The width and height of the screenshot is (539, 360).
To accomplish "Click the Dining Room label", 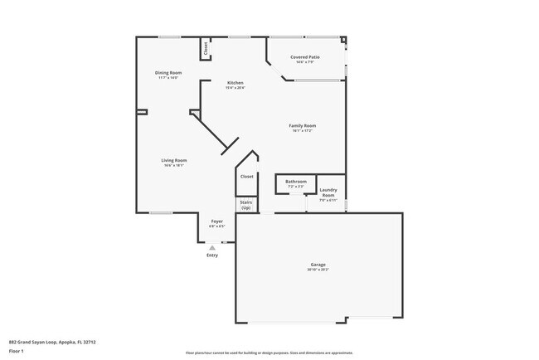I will [168, 73].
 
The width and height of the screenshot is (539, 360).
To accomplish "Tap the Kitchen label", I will [236, 83].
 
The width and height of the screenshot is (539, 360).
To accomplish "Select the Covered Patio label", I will [305, 56].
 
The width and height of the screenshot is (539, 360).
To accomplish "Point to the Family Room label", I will [302, 125].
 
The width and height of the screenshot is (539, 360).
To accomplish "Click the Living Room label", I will [173, 160].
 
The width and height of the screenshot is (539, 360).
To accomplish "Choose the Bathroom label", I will [296, 182].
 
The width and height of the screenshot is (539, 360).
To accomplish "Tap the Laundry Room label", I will [328, 192].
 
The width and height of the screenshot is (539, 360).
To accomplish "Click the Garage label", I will [318, 265].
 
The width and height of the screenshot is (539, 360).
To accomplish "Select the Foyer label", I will [216, 221].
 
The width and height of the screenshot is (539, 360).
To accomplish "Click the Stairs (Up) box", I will [246, 204].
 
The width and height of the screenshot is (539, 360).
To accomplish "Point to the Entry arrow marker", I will [212, 247].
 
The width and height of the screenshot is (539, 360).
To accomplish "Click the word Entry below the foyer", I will [212, 255].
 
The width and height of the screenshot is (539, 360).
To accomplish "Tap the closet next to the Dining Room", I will [204, 49].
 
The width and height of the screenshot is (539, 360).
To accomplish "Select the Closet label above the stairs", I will [246, 177].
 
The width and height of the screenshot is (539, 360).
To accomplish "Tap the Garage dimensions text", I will [318, 270].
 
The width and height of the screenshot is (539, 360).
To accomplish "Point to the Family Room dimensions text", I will [302, 130].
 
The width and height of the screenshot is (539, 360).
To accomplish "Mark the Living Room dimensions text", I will [173, 165].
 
